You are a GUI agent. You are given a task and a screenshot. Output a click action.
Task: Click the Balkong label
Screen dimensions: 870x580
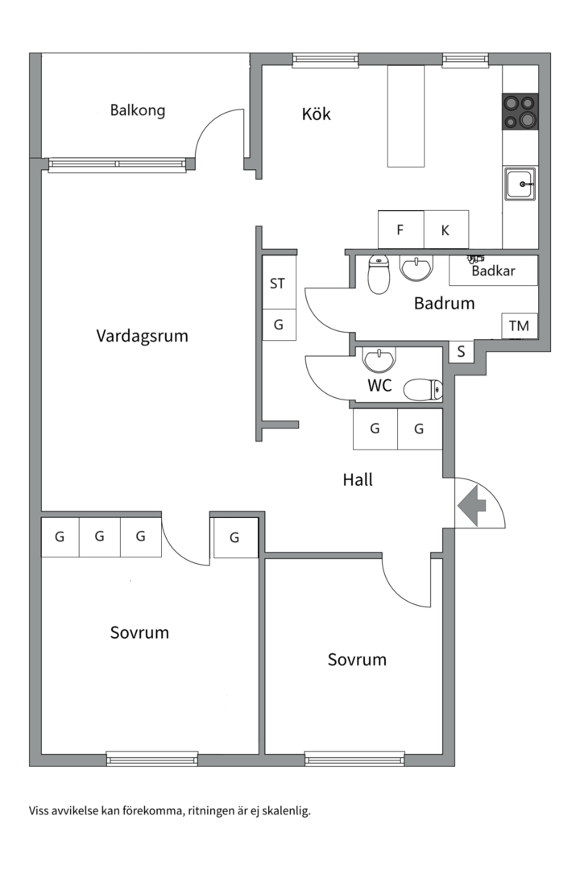tap(138, 110)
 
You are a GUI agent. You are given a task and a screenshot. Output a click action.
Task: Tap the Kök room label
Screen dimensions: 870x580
tap(316, 114)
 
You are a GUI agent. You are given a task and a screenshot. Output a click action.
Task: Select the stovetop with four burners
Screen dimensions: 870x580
tap(520, 112)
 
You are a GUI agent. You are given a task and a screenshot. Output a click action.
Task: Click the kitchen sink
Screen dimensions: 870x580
tap(520, 184)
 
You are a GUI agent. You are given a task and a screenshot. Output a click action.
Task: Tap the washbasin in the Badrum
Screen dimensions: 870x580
tap(416, 268)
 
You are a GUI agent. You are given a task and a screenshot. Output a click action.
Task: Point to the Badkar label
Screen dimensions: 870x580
tap(493, 271)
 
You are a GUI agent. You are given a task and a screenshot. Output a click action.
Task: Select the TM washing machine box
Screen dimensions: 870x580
tap(520, 326)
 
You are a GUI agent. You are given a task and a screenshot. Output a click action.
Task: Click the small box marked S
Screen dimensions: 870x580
tap(461, 351)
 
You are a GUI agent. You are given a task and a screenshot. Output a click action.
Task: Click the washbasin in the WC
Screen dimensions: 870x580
tap(378, 358)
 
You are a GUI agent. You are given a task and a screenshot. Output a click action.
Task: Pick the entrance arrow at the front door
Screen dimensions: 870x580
tap(472, 506)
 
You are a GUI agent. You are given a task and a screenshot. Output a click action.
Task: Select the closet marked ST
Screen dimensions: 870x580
tap(278, 284)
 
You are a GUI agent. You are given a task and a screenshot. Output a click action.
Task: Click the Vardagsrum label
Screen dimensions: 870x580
tap(142, 335)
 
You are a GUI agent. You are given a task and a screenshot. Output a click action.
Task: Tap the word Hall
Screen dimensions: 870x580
tap(358, 480)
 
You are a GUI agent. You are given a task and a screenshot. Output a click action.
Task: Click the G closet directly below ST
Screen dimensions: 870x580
tap(279, 325)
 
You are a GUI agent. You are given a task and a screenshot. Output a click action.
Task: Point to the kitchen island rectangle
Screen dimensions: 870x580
tap(406, 117)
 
